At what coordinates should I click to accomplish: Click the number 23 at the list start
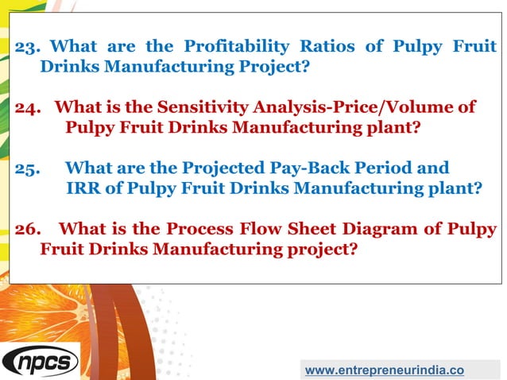click(x=27, y=46)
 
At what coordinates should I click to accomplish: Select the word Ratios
click(x=328, y=46)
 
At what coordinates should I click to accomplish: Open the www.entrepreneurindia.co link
click(x=385, y=370)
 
